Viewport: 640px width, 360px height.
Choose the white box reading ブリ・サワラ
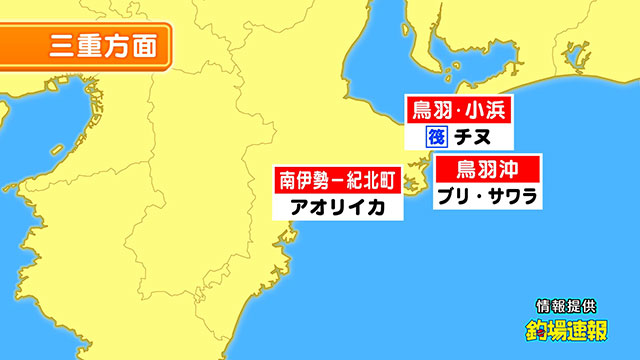pos(489,194)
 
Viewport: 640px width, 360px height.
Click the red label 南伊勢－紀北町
pos(337,181)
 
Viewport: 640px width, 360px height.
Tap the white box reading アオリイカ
pos(337,208)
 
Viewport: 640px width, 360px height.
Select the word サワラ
pos(511,194)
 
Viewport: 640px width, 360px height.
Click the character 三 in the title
pos(59,46)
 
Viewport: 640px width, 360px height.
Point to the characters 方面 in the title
pos(125,46)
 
